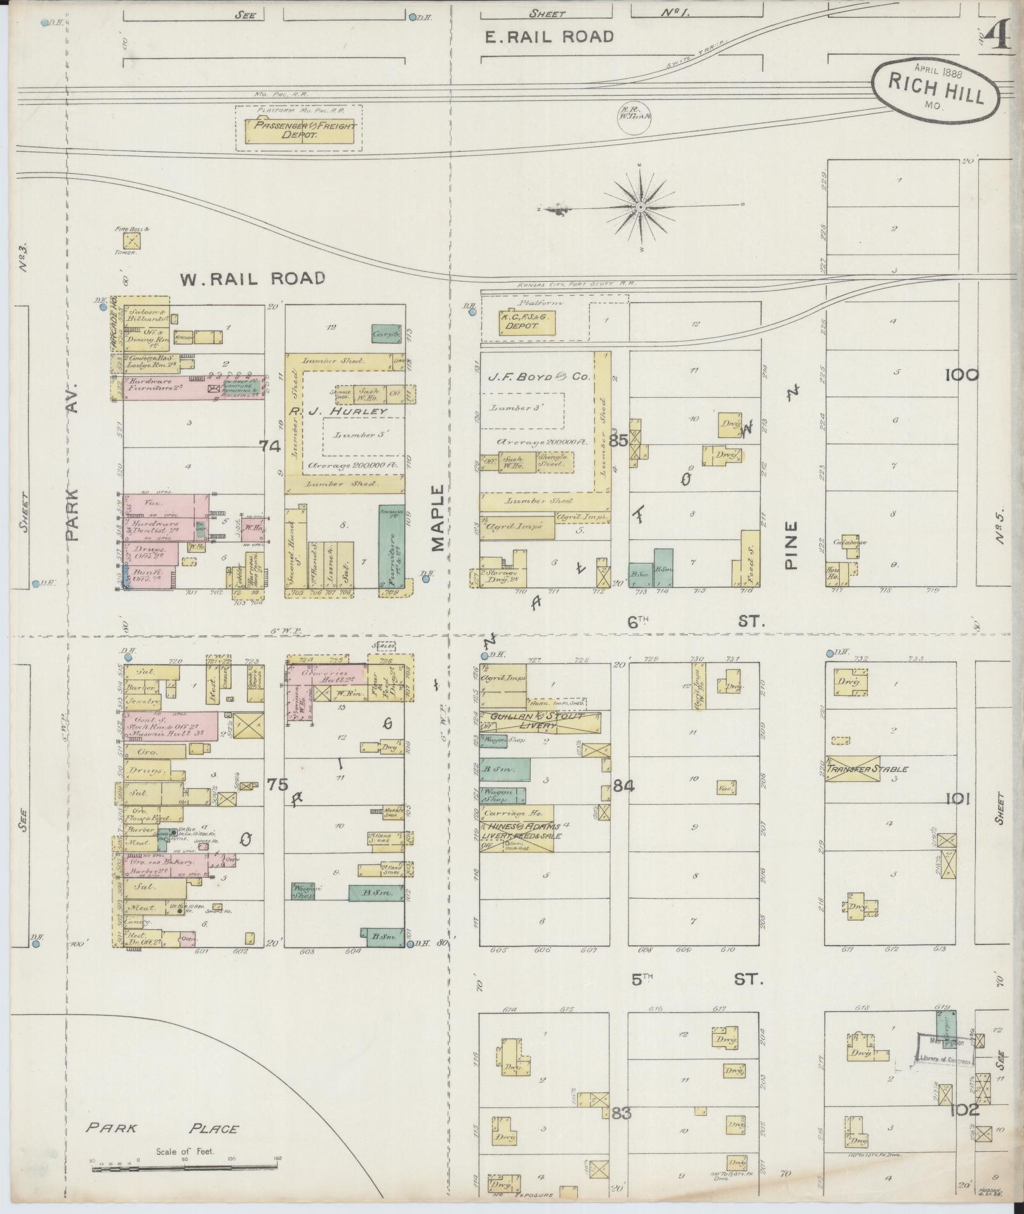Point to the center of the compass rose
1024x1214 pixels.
tap(641, 207)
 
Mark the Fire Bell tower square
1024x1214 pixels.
tap(132, 241)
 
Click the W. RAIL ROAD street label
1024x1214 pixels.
tap(253, 278)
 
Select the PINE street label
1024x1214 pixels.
tap(790, 545)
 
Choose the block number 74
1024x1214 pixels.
tap(269, 446)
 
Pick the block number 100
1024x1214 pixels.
tap(961, 375)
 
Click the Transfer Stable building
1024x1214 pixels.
tap(853, 768)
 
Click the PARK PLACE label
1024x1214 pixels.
tap(163, 1128)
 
